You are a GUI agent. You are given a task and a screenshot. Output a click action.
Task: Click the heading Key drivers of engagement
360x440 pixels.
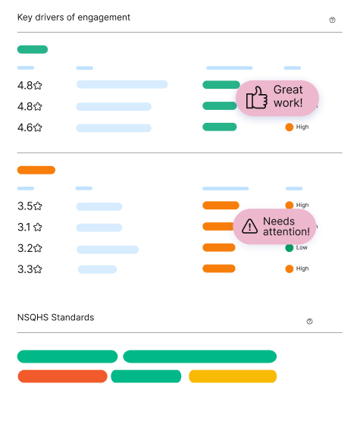tap(74, 17)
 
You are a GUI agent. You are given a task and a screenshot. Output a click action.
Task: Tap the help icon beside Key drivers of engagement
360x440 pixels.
tap(332, 20)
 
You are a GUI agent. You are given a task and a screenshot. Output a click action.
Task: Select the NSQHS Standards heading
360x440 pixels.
tap(56, 317)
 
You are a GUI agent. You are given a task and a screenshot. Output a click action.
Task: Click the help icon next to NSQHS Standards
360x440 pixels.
tap(309, 322)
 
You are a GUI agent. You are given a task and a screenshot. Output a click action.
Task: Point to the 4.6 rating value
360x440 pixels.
tap(25, 127)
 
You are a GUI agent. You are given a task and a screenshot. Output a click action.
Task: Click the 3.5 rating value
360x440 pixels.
tap(25, 206)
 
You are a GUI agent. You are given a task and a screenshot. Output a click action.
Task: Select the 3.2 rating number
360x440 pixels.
tap(25, 248)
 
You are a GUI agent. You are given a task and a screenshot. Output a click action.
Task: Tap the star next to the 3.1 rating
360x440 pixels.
tap(38, 227)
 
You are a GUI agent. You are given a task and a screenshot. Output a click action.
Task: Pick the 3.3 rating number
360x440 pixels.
tap(25, 269)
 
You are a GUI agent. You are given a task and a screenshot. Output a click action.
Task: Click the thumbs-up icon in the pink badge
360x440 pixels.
tap(256, 98)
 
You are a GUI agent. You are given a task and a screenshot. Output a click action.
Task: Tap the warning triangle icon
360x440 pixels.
tap(249, 226)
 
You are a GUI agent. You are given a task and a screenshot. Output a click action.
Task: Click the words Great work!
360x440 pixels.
tap(288, 96)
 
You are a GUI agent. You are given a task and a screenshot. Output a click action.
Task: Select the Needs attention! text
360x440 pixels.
tap(286, 227)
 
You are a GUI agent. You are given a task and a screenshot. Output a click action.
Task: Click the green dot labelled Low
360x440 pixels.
tap(290, 248)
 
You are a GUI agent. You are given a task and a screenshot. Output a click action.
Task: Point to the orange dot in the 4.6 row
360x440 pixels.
tap(290, 127)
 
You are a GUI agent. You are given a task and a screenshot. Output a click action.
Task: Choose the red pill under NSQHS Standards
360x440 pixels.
tap(62, 376)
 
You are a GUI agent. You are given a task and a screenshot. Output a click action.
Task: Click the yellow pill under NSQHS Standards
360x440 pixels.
tap(233, 376)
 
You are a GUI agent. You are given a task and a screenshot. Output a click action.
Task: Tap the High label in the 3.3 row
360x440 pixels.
tap(302, 269)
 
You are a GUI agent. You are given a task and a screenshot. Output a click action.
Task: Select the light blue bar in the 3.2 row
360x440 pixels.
tap(108, 250)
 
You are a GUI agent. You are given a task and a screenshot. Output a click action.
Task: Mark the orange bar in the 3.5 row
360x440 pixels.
tap(221, 206)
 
